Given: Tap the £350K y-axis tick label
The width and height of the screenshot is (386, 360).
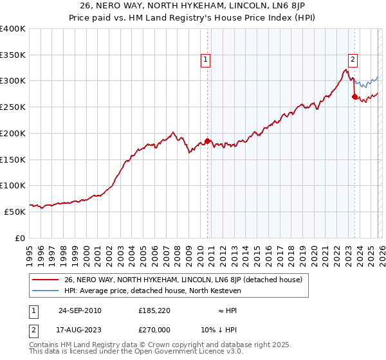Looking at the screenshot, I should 13,55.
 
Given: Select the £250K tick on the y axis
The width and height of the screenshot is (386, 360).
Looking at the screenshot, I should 13,107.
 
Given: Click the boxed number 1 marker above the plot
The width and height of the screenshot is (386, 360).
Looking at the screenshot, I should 205,60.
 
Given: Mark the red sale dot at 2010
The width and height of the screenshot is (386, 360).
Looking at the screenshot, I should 207,141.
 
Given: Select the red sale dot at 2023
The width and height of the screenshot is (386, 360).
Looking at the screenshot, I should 354,96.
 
